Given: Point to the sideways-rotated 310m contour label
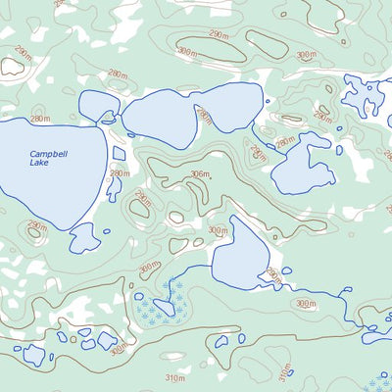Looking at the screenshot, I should point(285,372).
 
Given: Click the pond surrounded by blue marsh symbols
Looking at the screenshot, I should point(164,308).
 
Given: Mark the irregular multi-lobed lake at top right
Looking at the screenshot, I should point(365,94).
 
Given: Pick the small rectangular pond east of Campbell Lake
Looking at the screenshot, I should point(119,154).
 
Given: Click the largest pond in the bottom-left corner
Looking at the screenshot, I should point(34,354).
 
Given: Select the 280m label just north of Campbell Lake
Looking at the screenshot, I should point(117,74).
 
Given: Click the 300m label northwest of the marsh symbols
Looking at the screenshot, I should point(148,267).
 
